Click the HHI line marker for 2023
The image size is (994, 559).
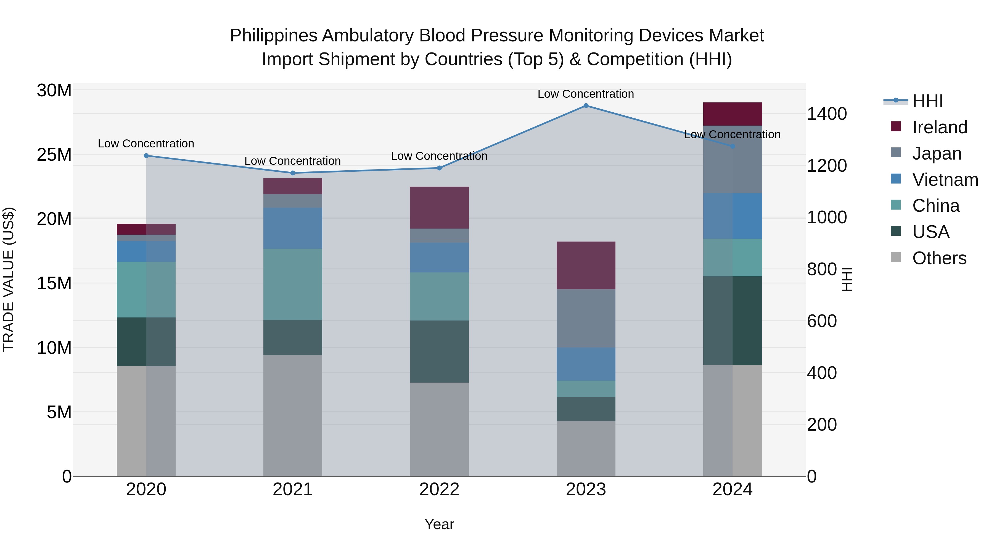(586, 106)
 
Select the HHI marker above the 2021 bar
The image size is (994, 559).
(292, 173)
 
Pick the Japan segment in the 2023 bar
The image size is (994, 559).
(586, 318)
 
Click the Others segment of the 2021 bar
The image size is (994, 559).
(292, 415)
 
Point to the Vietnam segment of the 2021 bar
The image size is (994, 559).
(292, 228)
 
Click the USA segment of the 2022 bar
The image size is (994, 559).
(439, 351)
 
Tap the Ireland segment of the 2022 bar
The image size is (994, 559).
(439, 208)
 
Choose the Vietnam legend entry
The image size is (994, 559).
(945, 180)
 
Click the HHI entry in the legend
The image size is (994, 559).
(927, 101)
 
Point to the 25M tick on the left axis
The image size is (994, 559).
(54, 155)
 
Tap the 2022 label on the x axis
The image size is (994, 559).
(439, 489)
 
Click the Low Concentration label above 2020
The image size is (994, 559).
(146, 144)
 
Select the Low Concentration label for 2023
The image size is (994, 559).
(586, 94)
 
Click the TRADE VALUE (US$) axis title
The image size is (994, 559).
(9, 279)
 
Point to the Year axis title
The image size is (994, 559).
(439, 524)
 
